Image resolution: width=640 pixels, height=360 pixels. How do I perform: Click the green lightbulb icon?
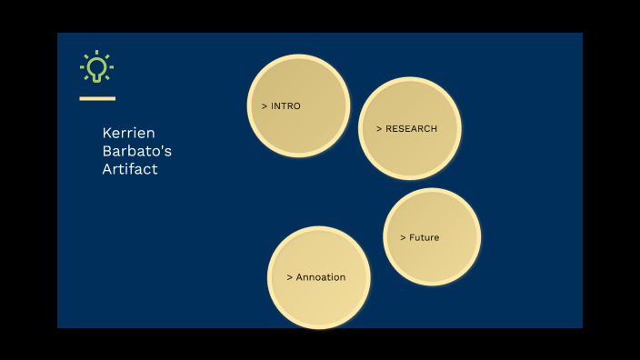[x=96, y=67]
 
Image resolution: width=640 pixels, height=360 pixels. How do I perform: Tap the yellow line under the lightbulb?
[x=97, y=98]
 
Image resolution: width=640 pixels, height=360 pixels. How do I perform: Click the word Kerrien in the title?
[x=128, y=133]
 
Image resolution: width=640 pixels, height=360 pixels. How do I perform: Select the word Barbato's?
[x=136, y=151]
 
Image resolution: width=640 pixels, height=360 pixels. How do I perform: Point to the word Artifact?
[x=130, y=169]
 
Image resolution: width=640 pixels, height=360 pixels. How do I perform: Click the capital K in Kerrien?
[x=107, y=133]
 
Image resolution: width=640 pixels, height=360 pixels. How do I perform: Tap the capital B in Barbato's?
[x=107, y=151]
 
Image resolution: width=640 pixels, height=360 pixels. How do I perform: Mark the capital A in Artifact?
[x=107, y=169]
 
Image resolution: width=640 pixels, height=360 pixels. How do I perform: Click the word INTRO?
[x=285, y=106]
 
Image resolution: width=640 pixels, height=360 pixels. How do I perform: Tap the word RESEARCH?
[x=411, y=129]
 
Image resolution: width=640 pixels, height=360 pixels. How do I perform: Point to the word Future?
[x=424, y=238]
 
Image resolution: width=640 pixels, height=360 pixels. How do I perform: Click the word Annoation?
[x=321, y=277]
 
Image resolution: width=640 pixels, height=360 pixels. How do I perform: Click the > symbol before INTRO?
[x=265, y=106]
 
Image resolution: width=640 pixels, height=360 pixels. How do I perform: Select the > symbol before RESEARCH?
[x=379, y=129]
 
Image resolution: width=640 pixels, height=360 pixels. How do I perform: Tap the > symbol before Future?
[x=403, y=238]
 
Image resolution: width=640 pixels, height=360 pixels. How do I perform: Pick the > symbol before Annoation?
[x=289, y=277]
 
